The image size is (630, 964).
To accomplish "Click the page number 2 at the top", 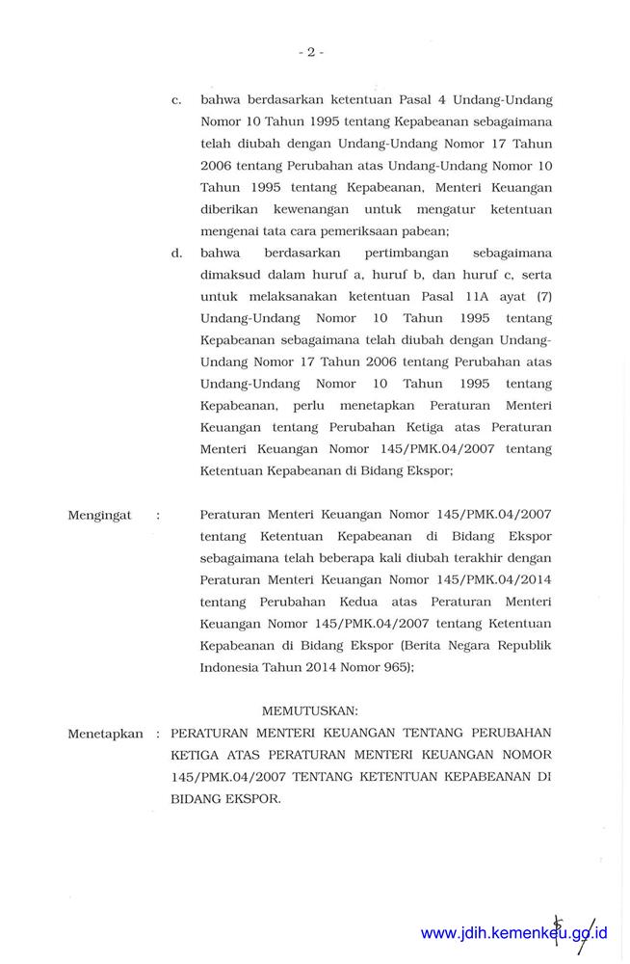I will tap(311, 52).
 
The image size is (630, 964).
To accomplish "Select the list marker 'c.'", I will tap(176, 99).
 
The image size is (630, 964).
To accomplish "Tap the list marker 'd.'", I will tap(176, 253).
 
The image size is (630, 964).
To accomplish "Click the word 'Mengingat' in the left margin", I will tap(99, 516).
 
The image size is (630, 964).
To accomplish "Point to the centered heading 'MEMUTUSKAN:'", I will tap(310, 711).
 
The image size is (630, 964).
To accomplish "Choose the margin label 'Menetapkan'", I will tap(105, 734).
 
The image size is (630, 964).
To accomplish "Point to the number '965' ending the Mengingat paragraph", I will tap(394, 666).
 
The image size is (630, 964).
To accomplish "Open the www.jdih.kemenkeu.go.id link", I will tap(513, 933).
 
